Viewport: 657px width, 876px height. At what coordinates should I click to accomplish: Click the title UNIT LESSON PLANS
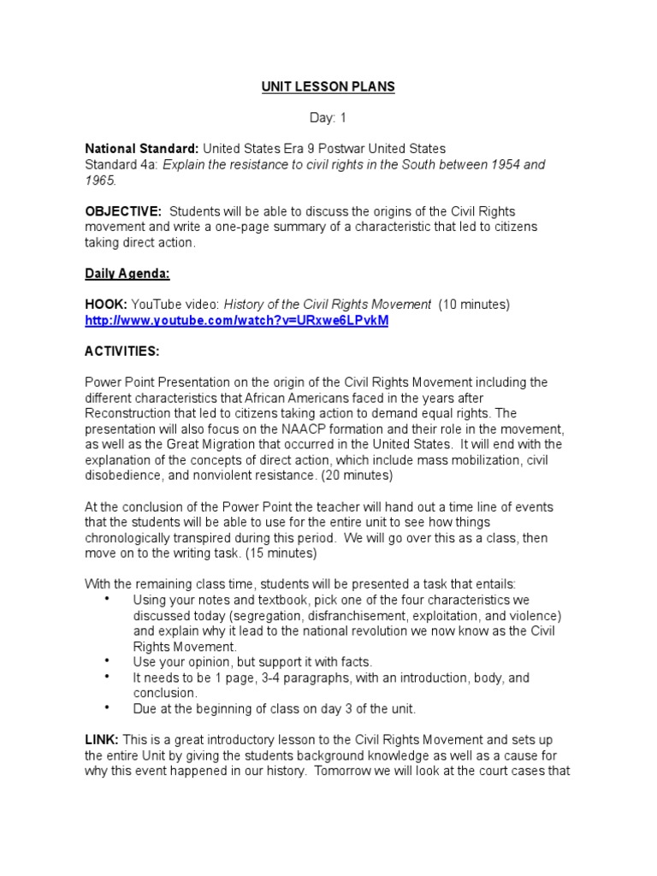(328, 88)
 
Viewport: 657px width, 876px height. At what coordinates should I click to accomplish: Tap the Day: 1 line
(328, 118)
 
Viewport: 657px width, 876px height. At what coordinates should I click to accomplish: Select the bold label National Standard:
(141, 149)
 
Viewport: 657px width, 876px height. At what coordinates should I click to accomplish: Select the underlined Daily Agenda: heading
(127, 274)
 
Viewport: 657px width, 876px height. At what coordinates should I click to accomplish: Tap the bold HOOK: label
(105, 305)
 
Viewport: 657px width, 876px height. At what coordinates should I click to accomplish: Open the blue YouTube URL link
(236, 320)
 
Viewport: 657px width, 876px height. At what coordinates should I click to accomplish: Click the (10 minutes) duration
(474, 305)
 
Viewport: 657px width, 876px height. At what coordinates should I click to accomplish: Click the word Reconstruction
(127, 413)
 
